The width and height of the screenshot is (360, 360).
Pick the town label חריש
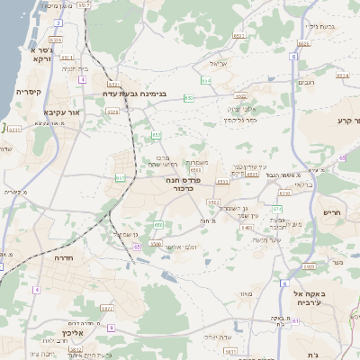[334, 212]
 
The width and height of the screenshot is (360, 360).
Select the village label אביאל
[220, 64]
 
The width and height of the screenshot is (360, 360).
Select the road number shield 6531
[56, 40]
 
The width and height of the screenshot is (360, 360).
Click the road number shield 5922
[309, 267]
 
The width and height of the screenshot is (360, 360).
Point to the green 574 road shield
[277, 209]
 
